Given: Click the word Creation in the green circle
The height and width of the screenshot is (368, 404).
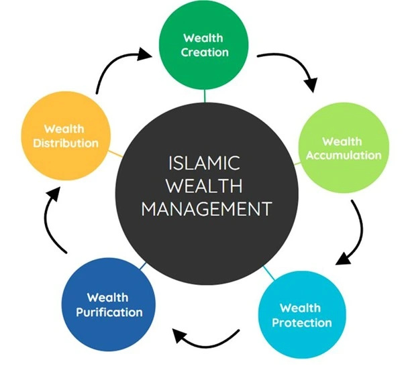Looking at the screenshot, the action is [x=205, y=52].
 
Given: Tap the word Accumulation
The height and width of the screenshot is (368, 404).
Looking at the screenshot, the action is [x=344, y=156].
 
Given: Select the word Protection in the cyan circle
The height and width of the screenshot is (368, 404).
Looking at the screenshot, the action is [x=302, y=322].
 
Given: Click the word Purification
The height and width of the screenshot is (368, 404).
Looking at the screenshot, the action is [x=109, y=312].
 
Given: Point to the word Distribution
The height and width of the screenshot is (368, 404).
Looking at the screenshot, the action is [x=66, y=143].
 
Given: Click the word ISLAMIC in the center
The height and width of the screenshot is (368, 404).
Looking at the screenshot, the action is [x=204, y=163].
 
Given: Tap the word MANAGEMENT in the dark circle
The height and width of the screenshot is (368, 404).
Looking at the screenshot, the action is [x=207, y=208].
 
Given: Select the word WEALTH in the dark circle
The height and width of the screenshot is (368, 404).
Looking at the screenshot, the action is [x=204, y=186].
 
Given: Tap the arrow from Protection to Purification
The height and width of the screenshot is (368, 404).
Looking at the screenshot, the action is [x=206, y=345].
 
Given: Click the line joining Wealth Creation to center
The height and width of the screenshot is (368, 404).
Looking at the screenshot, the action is [x=205, y=96].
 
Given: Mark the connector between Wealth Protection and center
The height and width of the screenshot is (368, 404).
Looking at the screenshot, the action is [x=268, y=273].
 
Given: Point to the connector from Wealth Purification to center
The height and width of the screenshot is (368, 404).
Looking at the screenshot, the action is [x=143, y=266].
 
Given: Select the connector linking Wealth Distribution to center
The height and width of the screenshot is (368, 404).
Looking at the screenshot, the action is [x=115, y=154].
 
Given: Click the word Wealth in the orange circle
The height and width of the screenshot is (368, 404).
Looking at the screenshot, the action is [x=64, y=129].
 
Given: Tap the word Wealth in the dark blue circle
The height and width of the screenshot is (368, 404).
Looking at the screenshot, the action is [x=107, y=298].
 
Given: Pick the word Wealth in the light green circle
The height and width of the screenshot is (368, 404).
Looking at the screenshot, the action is [x=342, y=141].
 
